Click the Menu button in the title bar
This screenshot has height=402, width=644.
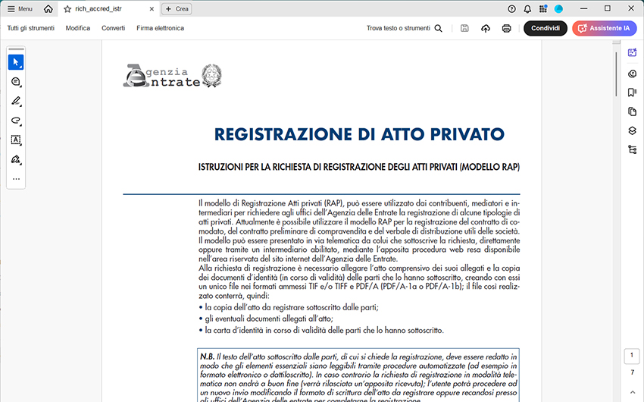[x=20, y=9]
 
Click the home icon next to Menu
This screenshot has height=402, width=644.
[x=48, y=9]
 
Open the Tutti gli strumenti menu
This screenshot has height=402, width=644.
[x=32, y=28]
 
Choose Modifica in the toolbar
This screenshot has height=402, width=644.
[x=78, y=28]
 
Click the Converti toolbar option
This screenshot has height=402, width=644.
[x=114, y=28]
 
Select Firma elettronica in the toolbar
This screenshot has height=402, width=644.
[x=161, y=28]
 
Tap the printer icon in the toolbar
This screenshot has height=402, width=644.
[x=507, y=28]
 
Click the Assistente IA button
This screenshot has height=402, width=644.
[x=605, y=28]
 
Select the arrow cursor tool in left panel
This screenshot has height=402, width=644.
[x=16, y=62]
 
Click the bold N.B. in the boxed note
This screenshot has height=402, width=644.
[x=208, y=356]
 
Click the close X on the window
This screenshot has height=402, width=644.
[x=629, y=9]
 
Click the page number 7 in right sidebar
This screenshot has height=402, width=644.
[x=633, y=372]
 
